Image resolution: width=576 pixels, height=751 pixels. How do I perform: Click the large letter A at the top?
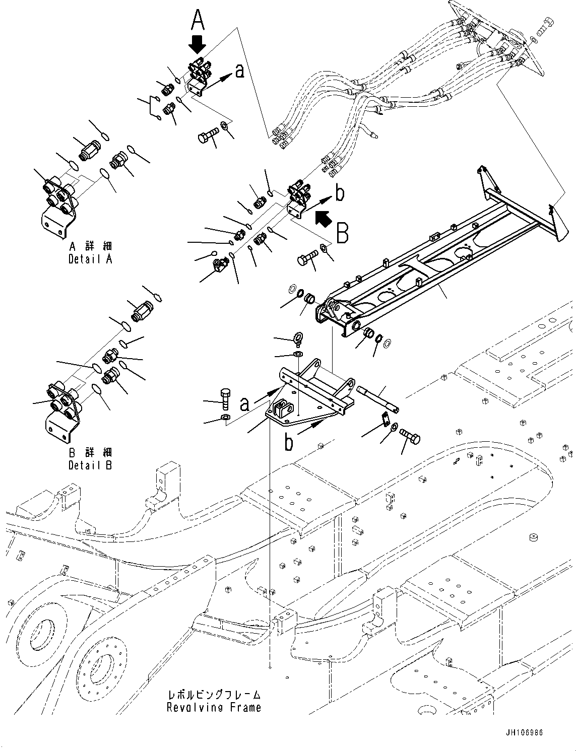tap(198, 21)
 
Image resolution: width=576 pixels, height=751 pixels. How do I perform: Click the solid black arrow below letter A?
tap(197, 44)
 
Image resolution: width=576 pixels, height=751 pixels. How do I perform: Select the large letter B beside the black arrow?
tap(342, 233)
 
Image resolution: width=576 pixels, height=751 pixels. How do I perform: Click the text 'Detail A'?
tap(91, 259)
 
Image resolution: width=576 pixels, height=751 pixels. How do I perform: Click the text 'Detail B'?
tap(91, 465)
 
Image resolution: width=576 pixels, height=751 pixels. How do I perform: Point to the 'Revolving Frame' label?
tap(214, 707)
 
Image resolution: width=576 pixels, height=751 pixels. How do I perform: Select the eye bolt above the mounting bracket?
tap(297, 340)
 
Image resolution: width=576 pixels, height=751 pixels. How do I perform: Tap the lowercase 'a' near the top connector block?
tap(239, 71)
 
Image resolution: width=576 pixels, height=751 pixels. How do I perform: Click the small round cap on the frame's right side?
tap(532, 537)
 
